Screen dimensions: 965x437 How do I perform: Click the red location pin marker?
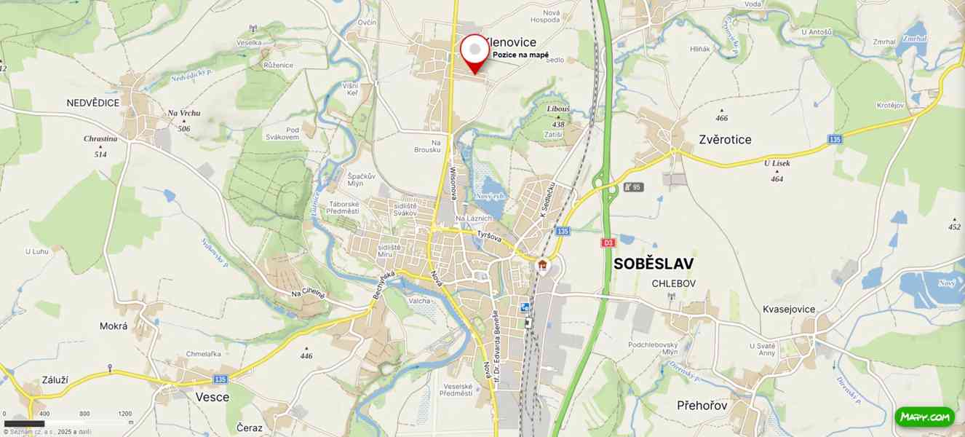[x=474, y=51]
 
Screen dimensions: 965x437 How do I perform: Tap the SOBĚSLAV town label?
[x=653, y=264]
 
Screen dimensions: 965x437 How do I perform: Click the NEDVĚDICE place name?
[x=92, y=103]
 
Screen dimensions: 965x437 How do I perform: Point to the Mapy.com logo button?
[x=924, y=417]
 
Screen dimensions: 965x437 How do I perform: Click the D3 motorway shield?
[x=608, y=243]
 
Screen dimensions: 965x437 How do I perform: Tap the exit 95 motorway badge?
[x=633, y=187]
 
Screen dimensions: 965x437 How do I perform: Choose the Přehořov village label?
[x=702, y=405]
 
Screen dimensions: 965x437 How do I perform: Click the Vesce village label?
[x=212, y=397]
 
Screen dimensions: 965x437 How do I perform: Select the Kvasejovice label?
[x=789, y=310]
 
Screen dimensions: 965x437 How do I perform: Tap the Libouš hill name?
[x=558, y=109]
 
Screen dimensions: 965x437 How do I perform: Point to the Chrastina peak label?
[x=100, y=138]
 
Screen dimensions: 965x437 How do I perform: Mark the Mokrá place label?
[x=114, y=326]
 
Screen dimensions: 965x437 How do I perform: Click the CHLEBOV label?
[x=673, y=283]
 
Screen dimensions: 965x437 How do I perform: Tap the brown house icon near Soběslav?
[x=542, y=265]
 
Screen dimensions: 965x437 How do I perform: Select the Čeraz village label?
[x=250, y=428]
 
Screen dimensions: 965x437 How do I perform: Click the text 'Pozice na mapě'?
[x=520, y=55]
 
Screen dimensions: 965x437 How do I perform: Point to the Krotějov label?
[x=890, y=106]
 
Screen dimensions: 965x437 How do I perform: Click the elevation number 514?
[x=100, y=154]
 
